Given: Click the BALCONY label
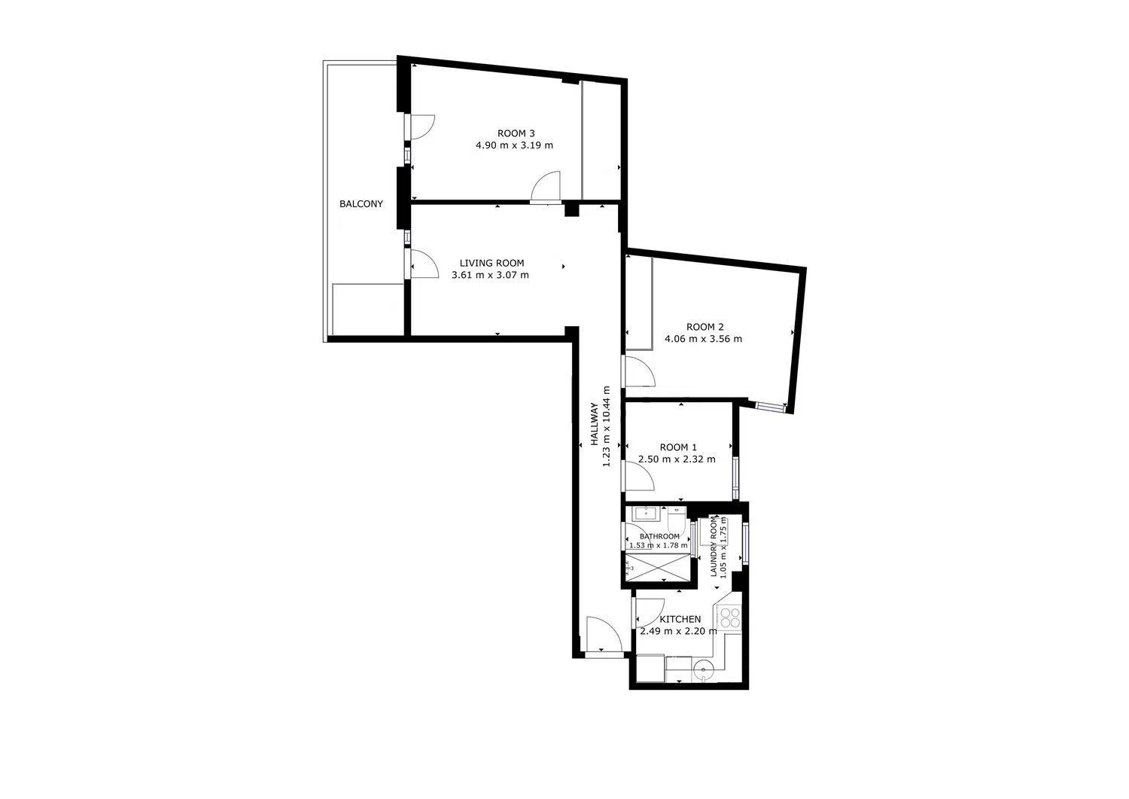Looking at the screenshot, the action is click(x=361, y=204).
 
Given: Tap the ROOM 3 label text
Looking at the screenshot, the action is click(x=516, y=133).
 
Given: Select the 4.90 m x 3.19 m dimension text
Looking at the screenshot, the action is click(x=514, y=145).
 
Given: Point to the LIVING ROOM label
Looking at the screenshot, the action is click(x=491, y=263).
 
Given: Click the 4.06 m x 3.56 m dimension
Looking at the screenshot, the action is click(x=703, y=338).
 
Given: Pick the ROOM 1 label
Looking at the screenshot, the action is click(x=678, y=447).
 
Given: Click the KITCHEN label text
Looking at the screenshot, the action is click(x=680, y=619).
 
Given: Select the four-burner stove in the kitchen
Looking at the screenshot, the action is click(x=730, y=618).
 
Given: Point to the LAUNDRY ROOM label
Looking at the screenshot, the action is click(x=714, y=546).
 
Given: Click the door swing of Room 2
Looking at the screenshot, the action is click(x=640, y=371).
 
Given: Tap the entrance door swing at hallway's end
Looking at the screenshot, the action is click(x=604, y=634).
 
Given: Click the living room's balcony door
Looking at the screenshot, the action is click(x=421, y=264).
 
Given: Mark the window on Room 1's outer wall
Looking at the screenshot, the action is click(x=735, y=477).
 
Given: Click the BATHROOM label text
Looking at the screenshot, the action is click(x=659, y=536).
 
